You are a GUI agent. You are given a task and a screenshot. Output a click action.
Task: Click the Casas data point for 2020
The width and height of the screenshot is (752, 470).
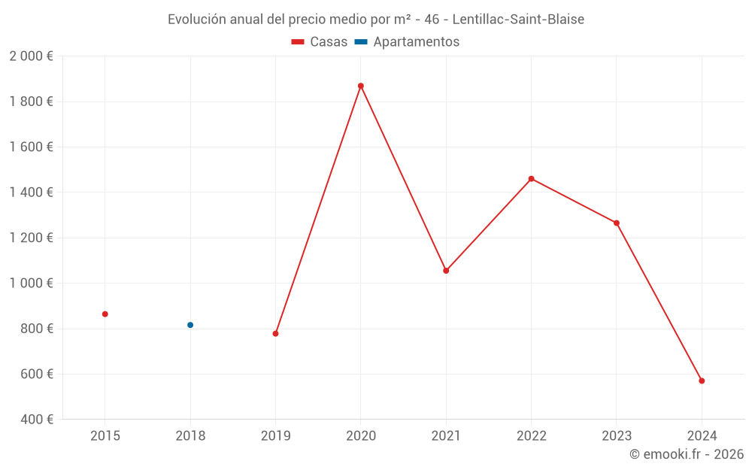tap(361, 86)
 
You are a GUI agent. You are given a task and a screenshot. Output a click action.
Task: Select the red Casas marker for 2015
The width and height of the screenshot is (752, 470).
tap(105, 314)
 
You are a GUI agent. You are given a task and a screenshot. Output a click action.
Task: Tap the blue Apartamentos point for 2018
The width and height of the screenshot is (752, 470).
tap(190, 325)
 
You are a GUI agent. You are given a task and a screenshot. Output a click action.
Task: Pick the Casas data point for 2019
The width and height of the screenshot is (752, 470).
tap(275, 333)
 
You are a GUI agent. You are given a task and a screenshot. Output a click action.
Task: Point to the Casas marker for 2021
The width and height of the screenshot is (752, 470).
tap(446, 271)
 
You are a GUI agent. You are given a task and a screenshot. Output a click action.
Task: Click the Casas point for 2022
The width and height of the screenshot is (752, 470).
tap(531, 179)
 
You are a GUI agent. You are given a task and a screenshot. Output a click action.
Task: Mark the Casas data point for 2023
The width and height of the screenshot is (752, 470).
tap(617, 223)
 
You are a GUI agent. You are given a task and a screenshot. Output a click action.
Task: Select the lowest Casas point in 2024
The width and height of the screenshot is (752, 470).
tap(702, 381)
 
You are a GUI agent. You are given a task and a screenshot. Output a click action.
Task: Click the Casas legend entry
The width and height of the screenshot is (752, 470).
tap(320, 42)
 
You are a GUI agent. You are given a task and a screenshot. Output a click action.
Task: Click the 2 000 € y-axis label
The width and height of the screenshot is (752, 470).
tap(31, 56)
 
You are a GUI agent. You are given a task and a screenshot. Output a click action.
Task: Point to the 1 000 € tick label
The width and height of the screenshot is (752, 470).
tap(31, 284)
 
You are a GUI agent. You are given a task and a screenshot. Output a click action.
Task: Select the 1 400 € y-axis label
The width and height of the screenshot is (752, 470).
tap(31, 193)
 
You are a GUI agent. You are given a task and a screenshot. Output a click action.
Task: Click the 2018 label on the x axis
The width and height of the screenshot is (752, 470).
tap(190, 436)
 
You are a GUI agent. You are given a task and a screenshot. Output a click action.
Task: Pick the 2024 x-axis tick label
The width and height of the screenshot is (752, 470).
tap(702, 436)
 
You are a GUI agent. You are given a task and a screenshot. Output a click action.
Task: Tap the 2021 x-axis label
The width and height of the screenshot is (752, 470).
tap(446, 436)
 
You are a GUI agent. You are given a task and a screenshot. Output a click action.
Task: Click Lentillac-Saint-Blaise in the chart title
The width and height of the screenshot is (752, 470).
tap(518, 20)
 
